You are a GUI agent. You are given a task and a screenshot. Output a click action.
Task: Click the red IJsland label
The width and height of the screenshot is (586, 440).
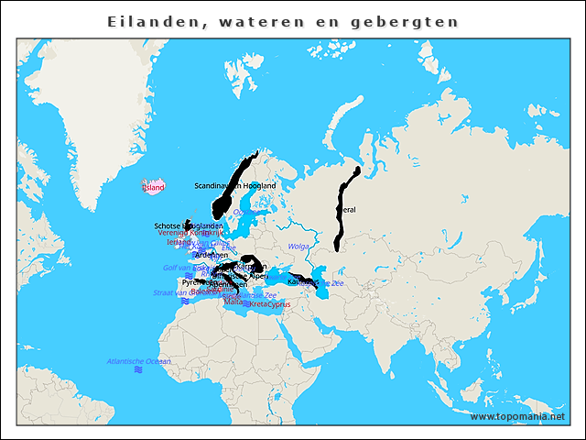(x=153, y=188)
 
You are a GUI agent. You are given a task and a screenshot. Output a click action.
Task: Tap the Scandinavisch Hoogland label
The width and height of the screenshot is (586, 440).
(x=234, y=186)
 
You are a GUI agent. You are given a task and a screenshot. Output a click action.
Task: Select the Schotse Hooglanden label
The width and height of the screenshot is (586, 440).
(x=188, y=225)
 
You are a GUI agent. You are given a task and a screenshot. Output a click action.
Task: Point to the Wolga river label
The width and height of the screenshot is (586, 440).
(x=298, y=247)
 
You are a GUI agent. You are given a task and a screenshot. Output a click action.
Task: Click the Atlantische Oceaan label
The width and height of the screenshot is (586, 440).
(x=138, y=361)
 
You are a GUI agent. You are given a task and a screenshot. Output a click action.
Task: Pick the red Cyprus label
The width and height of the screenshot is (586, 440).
(x=278, y=304)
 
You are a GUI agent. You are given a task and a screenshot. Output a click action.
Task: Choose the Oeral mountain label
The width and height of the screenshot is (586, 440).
(x=348, y=209)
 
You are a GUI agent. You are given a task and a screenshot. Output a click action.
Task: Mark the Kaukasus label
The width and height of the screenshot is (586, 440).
(x=301, y=282)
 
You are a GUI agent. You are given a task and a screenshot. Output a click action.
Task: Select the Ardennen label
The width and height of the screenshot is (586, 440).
(x=212, y=254)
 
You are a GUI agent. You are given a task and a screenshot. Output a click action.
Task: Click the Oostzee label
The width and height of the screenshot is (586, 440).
(x=245, y=212)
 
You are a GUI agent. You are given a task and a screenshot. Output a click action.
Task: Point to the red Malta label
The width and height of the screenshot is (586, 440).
(x=234, y=301)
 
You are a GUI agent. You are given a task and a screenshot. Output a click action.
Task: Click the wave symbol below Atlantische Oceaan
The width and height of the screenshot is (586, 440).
(x=138, y=370)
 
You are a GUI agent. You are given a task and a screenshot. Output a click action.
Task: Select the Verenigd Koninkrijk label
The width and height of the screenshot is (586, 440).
(x=190, y=233)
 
